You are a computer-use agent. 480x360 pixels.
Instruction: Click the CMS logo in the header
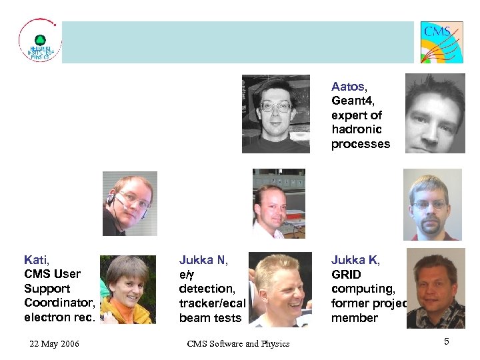click(441, 42)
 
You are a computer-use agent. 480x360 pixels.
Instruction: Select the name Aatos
click(348, 87)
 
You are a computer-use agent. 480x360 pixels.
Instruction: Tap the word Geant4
click(354, 101)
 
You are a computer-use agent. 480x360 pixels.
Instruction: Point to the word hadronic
click(357, 130)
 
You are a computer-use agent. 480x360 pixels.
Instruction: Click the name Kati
click(35, 260)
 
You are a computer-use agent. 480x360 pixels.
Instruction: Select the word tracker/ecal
click(212, 303)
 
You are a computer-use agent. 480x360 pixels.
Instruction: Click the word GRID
click(346, 275)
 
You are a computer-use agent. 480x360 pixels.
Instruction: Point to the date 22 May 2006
click(54, 343)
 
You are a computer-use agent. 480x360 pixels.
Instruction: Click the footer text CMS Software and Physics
click(238, 343)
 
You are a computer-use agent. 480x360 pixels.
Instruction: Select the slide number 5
click(447, 342)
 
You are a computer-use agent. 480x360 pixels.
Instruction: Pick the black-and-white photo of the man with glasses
click(276, 114)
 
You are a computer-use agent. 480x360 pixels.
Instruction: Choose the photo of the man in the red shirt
click(432, 205)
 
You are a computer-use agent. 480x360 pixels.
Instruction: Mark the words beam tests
click(210, 318)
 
